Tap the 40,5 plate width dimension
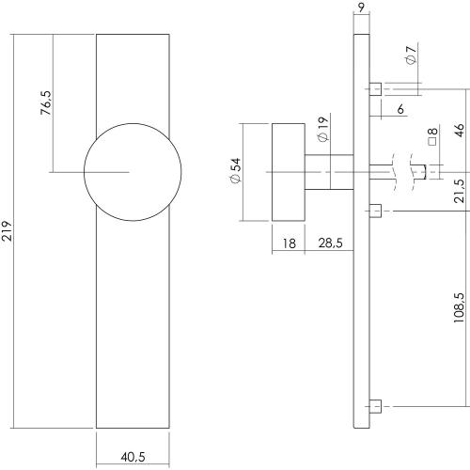pyautogui.click(x=133, y=458)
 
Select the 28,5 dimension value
pyautogui.click(x=328, y=243)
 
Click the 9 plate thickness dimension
pyautogui.click(x=361, y=12)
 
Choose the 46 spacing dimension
pyautogui.click(x=460, y=130)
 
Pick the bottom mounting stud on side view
pyautogui.click(x=376, y=406)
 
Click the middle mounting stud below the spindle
pyautogui.click(x=376, y=211)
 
